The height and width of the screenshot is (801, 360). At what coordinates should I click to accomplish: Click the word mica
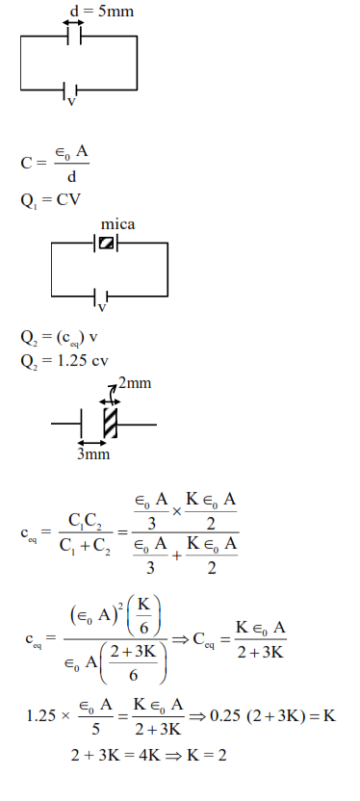click(117, 225)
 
